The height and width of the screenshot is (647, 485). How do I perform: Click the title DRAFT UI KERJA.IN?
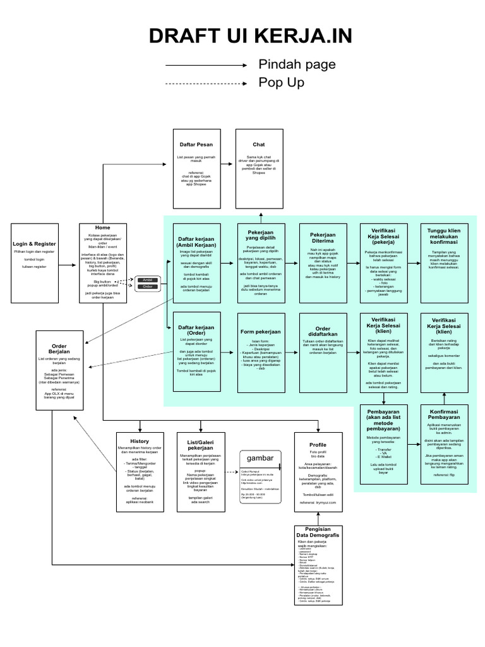[x=242, y=37]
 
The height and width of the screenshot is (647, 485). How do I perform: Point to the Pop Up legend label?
[x=282, y=83]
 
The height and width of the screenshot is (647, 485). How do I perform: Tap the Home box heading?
[x=102, y=227]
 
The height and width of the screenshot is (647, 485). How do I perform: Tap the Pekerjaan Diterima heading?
[x=323, y=236]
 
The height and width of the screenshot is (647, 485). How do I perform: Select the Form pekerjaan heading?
[x=260, y=331]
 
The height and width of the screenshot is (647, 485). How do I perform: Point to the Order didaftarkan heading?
[x=323, y=331]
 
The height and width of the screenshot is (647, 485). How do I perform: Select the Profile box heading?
[x=318, y=444]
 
